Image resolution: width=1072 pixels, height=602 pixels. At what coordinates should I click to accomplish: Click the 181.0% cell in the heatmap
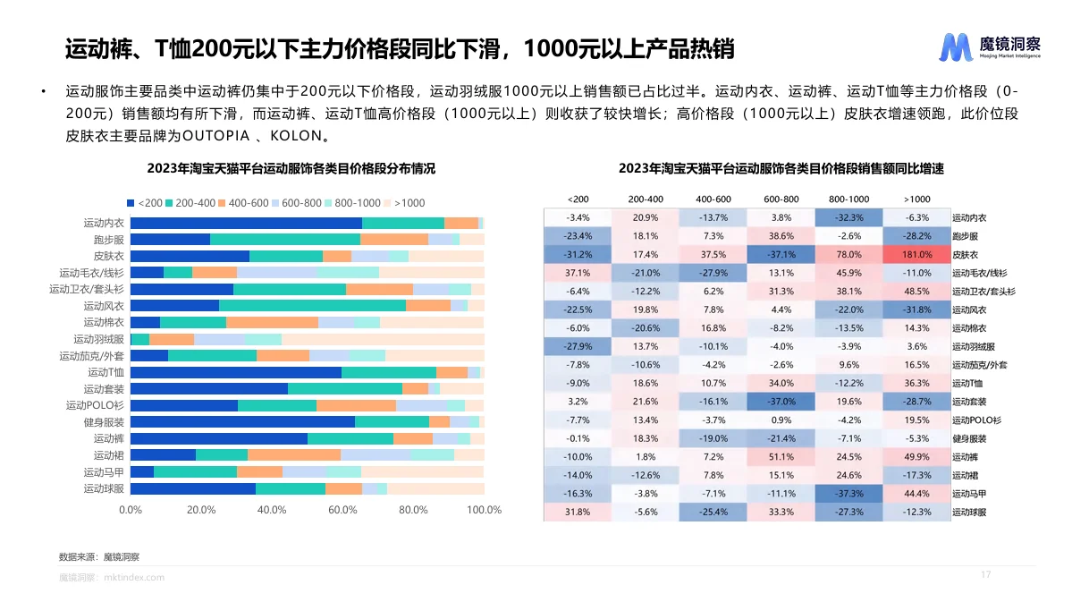click(917, 255)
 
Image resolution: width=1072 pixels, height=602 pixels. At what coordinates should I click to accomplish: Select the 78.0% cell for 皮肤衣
click(849, 255)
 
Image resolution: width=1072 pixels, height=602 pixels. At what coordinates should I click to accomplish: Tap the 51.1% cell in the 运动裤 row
click(781, 456)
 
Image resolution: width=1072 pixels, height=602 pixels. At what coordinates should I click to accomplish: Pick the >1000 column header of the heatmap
click(917, 199)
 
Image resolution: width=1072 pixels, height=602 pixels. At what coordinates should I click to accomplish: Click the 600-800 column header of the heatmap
click(781, 199)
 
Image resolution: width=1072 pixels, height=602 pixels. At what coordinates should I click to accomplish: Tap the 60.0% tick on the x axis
click(342, 510)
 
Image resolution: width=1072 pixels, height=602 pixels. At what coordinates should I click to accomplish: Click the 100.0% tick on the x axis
click(484, 510)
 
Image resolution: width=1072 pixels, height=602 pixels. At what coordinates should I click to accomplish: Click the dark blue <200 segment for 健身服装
click(242, 421)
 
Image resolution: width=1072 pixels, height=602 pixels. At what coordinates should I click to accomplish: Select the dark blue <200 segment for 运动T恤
click(236, 372)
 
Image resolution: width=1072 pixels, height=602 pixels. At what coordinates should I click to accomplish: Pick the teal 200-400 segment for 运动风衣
click(312, 306)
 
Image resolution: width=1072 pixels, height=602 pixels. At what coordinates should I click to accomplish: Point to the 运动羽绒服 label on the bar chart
click(98, 339)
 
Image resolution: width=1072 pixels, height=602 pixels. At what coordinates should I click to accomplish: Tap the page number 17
click(986, 574)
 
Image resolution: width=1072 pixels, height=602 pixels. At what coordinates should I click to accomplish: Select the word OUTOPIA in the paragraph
click(215, 137)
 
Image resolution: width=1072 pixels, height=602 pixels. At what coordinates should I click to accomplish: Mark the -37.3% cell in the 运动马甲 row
click(849, 494)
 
